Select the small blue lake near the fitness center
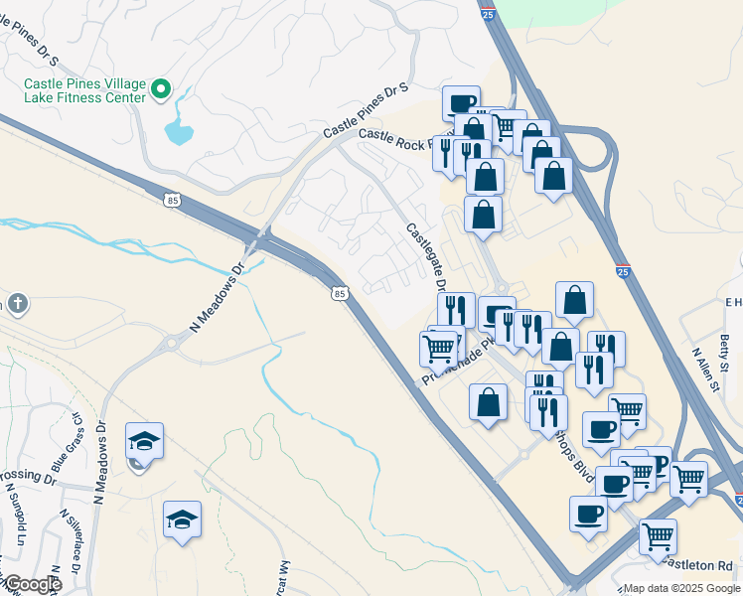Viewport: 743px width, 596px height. (178, 131)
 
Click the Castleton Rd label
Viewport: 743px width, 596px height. (705, 563)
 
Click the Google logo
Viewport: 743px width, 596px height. (32, 585)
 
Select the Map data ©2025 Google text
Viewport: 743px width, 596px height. (680, 588)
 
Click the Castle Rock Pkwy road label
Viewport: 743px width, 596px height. (397, 138)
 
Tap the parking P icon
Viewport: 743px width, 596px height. (657, 463)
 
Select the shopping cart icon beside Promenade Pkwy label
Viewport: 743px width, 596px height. (439, 348)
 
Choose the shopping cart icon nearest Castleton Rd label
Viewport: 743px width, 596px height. (658, 535)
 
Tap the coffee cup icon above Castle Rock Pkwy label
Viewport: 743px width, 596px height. (462, 103)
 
